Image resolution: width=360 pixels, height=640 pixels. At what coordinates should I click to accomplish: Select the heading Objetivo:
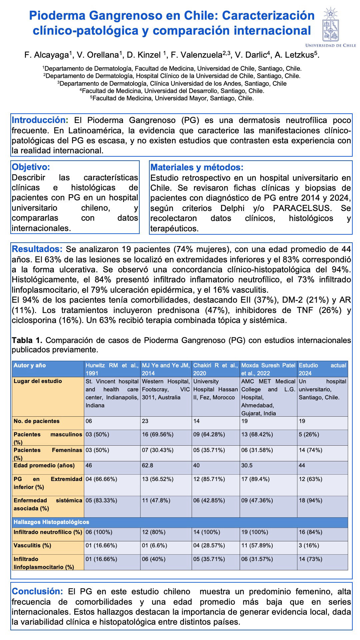pos(31,167)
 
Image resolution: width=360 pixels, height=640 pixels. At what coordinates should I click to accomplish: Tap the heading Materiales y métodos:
pos(197,167)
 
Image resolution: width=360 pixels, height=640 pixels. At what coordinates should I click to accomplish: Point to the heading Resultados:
pos(37,249)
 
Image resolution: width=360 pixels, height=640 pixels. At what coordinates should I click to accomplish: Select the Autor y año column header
pos(30,365)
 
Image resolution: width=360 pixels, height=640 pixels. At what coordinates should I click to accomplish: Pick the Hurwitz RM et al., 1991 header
pos(112,369)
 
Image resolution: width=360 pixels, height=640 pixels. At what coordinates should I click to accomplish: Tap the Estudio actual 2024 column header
pos(322,369)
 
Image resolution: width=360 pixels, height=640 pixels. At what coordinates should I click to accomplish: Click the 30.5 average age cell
pos(247,465)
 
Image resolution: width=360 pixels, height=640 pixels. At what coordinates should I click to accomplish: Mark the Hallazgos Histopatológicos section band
pos(51,522)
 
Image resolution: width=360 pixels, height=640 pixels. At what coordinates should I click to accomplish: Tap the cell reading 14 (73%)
pos(310,559)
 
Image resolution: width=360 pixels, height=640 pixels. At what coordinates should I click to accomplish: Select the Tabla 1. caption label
pos(27,340)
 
